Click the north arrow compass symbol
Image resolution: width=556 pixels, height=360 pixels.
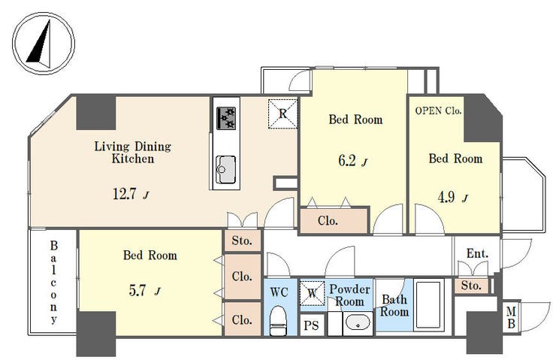pos(44,44)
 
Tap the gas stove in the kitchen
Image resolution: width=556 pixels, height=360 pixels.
pos(226,118)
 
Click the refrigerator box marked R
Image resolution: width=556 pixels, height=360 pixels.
pos(283,113)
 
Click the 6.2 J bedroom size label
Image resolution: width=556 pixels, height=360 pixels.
pos(352,161)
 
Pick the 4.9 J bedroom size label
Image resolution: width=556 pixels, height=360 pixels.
pos(453,197)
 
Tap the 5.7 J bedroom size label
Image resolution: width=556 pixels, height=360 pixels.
pos(144,291)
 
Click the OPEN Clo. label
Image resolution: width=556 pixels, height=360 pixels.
pos(438,110)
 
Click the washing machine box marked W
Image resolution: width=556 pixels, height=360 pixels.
pos(313,293)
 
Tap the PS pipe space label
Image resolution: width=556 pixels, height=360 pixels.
pos(311,325)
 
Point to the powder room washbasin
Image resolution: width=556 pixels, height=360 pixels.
pos(358,323)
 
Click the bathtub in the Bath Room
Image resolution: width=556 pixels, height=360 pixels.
pos(429,305)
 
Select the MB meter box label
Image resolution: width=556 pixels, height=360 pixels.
pos(511,318)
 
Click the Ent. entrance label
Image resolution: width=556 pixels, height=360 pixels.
pos(477,253)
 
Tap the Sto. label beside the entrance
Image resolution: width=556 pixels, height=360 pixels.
pos(471,286)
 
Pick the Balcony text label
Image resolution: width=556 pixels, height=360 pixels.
pos(53,283)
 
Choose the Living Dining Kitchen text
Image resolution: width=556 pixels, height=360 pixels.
pos(133,153)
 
